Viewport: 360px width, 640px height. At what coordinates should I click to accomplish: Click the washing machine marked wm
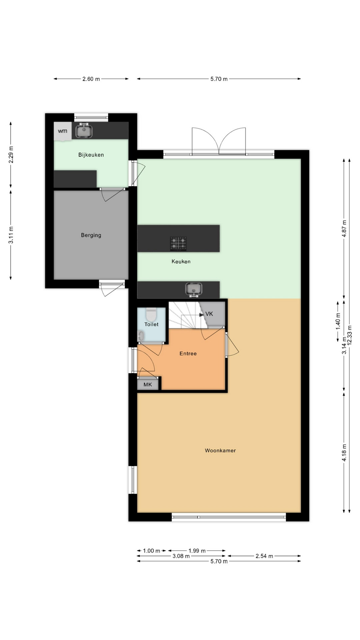click(x=63, y=131)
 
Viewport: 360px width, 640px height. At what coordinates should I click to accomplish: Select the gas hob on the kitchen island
click(x=178, y=244)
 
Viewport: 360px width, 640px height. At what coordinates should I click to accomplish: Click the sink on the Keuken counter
click(x=194, y=289)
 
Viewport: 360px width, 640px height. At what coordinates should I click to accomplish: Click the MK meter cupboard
click(x=148, y=384)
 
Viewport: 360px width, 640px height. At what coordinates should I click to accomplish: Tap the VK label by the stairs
click(x=209, y=314)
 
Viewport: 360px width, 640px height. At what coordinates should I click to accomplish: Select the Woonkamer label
click(x=220, y=450)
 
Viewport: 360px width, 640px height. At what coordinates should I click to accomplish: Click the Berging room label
click(x=91, y=235)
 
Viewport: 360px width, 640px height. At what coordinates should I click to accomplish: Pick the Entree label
click(x=188, y=353)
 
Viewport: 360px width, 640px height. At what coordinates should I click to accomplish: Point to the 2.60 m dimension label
click(x=91, y=79)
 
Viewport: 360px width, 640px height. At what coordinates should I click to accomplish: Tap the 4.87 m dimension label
click(x=344, y=229)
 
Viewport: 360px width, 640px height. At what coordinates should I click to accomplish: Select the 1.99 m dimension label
click(x=197, y=551)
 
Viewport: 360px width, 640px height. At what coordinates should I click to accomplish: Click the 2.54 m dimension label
click(x=264, y=556)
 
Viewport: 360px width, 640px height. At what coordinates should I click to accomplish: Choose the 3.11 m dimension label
click(x=11, y=235)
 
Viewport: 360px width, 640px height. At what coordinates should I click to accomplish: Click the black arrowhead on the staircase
click(x=202, y=314)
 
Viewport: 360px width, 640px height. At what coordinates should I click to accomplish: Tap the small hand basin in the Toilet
click(x=141, y=335)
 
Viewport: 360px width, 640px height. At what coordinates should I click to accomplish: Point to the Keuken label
click(x=181, y=261)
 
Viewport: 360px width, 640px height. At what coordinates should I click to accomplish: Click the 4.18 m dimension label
click(x=344, y=453)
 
